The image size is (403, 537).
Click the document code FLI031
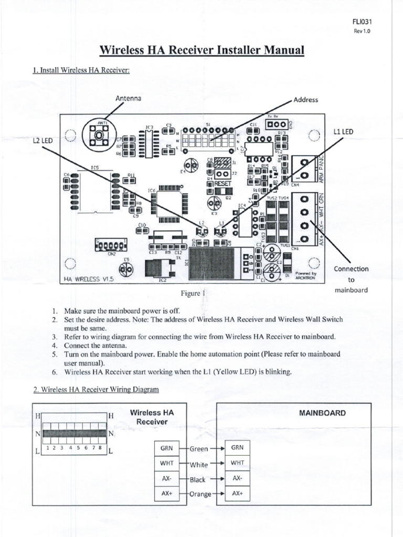coord(362,22)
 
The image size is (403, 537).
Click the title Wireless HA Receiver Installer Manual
coord(202,50)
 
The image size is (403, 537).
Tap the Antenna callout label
coord(129,98)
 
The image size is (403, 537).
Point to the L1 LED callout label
coord(344,132)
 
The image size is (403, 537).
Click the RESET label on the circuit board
coord(222,185)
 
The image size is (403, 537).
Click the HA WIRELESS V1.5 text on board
coord(89,280)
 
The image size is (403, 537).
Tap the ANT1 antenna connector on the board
coord(98,135)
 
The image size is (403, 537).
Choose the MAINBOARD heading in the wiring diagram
coord(322,413)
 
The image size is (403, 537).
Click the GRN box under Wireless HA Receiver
coord(166,448)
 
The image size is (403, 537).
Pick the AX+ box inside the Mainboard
coord(237,493)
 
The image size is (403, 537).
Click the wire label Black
coord(198,479)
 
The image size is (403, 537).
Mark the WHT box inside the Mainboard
coord(237,463)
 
